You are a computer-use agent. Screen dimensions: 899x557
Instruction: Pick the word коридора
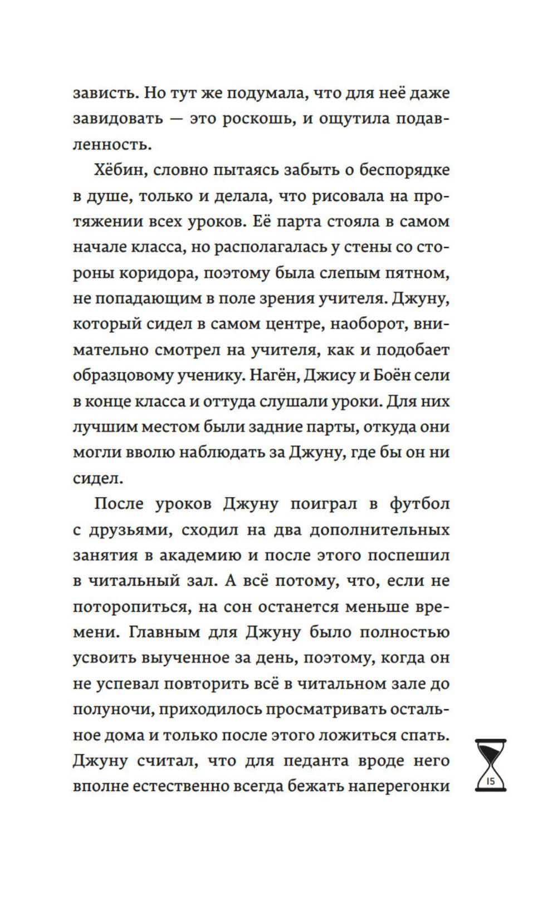pyautogui.click(x=145, y=273)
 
